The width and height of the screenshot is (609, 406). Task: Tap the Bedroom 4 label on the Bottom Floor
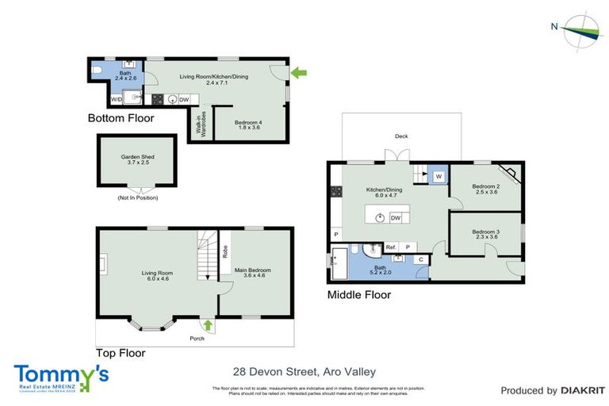click(248, 125)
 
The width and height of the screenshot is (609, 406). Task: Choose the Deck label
click(401, 136)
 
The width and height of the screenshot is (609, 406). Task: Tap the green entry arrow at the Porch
click(209, 324)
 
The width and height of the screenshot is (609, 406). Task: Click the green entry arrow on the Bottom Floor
click(299, 73)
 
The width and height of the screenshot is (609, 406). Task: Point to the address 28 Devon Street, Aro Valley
click(304, 370)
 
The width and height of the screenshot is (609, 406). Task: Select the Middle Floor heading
click(359, 295)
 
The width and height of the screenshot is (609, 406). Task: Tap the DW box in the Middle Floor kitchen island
click(395, 216)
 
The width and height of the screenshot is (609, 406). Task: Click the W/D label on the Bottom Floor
click(116, 100)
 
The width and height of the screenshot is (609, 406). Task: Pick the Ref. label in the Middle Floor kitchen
click(390, 247)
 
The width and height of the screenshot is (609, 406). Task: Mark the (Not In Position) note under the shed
click(137, 197)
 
